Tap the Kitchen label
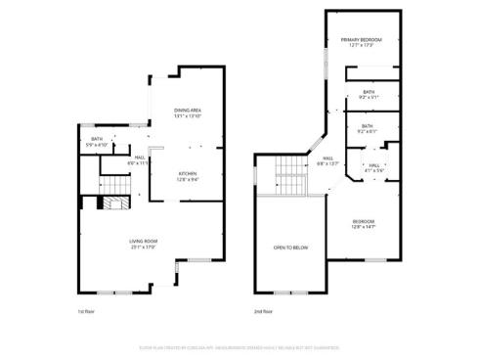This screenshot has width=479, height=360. tap(187, 173)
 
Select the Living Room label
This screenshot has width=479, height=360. tap(144, 241)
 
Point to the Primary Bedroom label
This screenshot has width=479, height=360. tap(361, 39)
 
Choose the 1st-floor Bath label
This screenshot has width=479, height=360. tap(97, 140)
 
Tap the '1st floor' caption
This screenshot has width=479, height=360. tap(87, 312)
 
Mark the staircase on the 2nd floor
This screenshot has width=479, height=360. tap(291, 173)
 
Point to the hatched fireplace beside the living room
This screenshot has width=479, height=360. tap(112, 203)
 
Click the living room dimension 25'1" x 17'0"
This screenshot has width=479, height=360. tap(144, 247)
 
